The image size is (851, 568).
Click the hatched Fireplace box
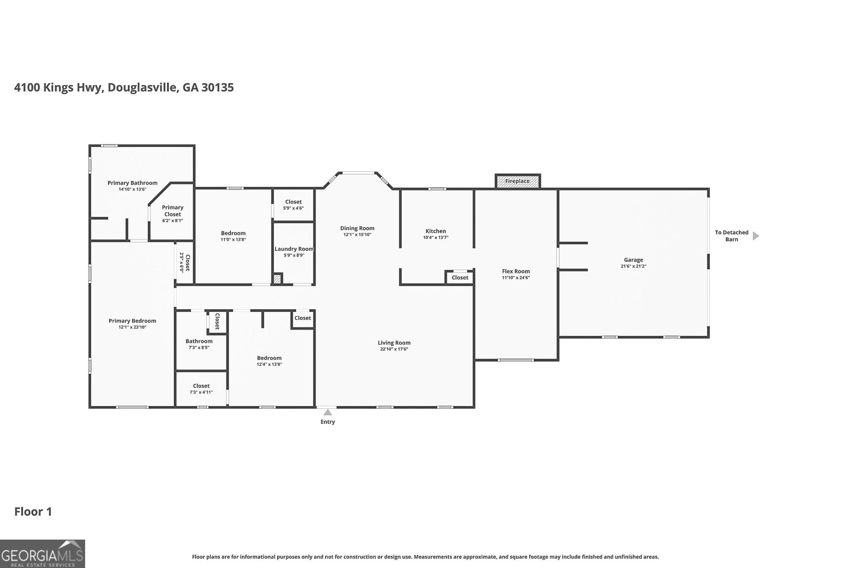[518, 181]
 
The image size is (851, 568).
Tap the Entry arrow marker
[328, 412]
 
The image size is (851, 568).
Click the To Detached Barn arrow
[756, 236]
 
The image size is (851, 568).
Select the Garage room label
[633, 260]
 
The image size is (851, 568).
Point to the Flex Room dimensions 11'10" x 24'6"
[516, 277]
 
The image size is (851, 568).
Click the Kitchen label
[436, 231]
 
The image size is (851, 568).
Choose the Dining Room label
[357, 228]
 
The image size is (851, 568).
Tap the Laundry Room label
[294, 249]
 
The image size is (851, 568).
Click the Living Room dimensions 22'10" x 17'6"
[394, 349]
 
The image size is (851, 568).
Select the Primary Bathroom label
[132, 183]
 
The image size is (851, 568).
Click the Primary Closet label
[172, 211]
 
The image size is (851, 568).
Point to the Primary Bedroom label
[132, 320]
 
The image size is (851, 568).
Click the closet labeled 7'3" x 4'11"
[201, 389]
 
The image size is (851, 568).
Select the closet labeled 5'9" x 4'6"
[293, 204]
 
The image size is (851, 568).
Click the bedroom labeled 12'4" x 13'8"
[269, 361]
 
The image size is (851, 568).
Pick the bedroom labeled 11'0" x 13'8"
[233, 236]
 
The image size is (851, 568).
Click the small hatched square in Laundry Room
[277, 278]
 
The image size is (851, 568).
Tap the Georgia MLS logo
[43, 554]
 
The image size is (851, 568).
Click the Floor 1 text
[33, 512]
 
